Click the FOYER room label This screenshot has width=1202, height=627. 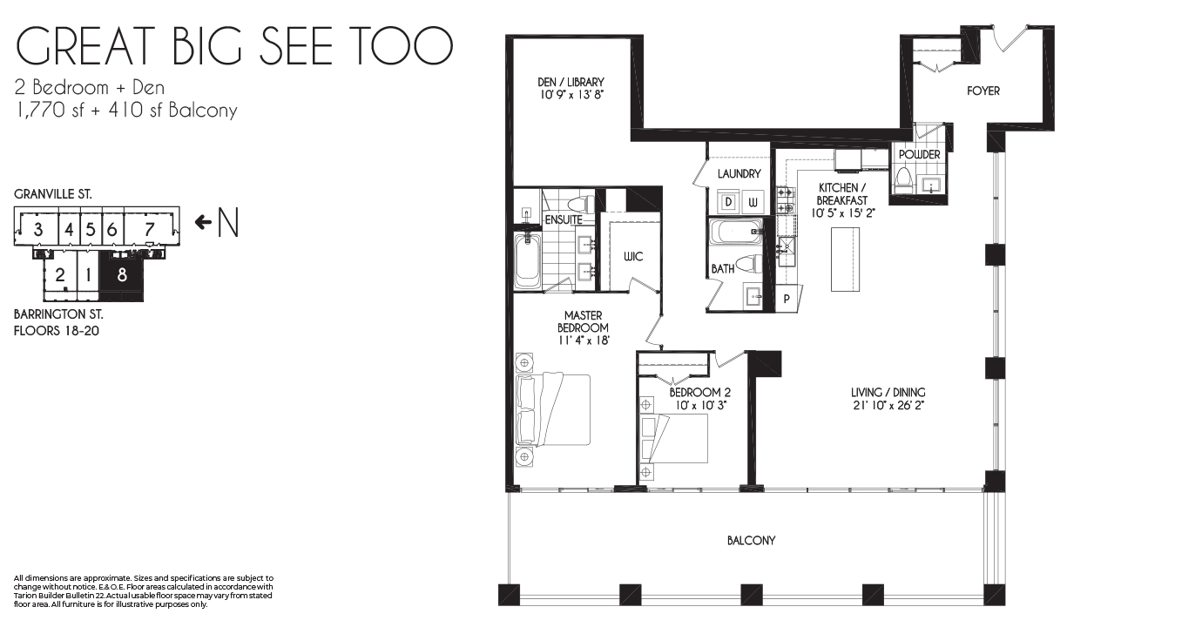[x=983, y=91]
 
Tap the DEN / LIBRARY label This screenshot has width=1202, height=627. [x=571, y=82]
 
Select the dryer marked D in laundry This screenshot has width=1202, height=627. [x=728, y=202]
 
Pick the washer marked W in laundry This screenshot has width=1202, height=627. [x=753, y=202]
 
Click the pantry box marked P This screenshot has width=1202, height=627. [x=787, y=299]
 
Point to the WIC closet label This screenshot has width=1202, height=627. [x=633, y=256]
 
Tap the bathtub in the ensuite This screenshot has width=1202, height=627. [x=528, y=261]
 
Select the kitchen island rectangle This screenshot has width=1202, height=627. [x=845, y=260]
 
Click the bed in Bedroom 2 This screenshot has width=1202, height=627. [x=673, y=438]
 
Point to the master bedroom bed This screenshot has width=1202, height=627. [x=553, y=410]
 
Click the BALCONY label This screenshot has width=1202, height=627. [x=751, y=541]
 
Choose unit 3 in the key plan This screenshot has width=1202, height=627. [x=37, y=230]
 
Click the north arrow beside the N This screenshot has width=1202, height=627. [x=203, y=222]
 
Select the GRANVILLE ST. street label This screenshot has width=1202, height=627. [x=53, y=194]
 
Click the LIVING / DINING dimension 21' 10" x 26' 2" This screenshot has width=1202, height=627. [x=888, y=406]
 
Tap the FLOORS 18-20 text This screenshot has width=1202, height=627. [x=57, y=331]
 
